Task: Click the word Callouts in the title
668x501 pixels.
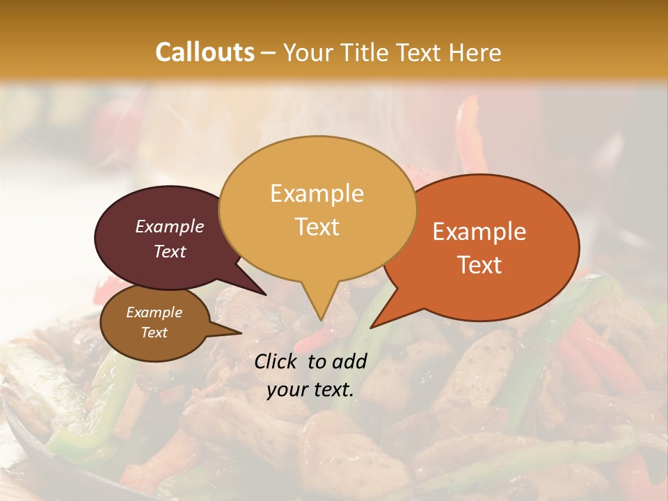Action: click(x=205, y=52)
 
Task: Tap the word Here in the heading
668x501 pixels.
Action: click(x=476, y=52)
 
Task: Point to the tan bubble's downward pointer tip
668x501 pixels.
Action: click(x=320, y=320)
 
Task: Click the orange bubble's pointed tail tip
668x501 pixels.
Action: click(x=371, y=328)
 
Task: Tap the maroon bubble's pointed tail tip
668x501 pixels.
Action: click(x=266, y=294)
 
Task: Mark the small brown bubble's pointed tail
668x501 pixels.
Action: click(x=240, y=333)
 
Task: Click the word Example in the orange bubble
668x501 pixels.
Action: click(x=479, y=232)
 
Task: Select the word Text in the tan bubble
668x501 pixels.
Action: click(x=317, y=227)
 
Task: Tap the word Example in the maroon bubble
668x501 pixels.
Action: click(x=170, y=226)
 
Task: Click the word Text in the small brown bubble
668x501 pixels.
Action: click(x=154, y=333)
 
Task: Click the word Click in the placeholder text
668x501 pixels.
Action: click(x=277, y=361)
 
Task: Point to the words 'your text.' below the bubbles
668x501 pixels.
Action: click(x=310, y=390)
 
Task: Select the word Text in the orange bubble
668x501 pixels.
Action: click(x=479, y=265)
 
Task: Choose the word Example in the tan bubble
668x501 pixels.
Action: click(x=317, y=193)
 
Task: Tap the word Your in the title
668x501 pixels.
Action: click(x=308, y=52)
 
